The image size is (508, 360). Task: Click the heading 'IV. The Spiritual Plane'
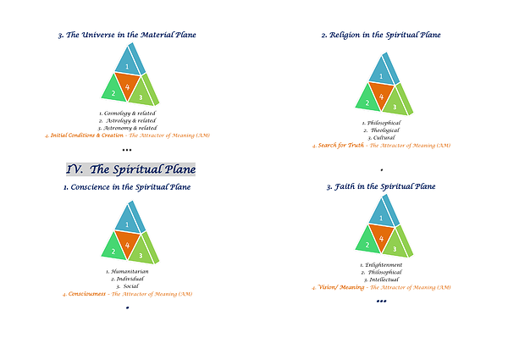(x=130, y=169)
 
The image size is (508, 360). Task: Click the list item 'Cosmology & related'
(x=129, y=113)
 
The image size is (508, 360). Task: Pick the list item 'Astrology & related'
(x=129, y=120)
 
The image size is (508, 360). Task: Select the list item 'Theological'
(x=383, y=130)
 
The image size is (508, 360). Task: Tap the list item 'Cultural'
(x=383, y=137)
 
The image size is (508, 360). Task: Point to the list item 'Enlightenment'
(x=383, y=264)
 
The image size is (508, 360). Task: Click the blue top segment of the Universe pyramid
(x=127, y=65)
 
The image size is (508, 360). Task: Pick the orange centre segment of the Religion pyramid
(x=382, y=97)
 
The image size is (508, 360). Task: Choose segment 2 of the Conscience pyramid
(x=111, y=249)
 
